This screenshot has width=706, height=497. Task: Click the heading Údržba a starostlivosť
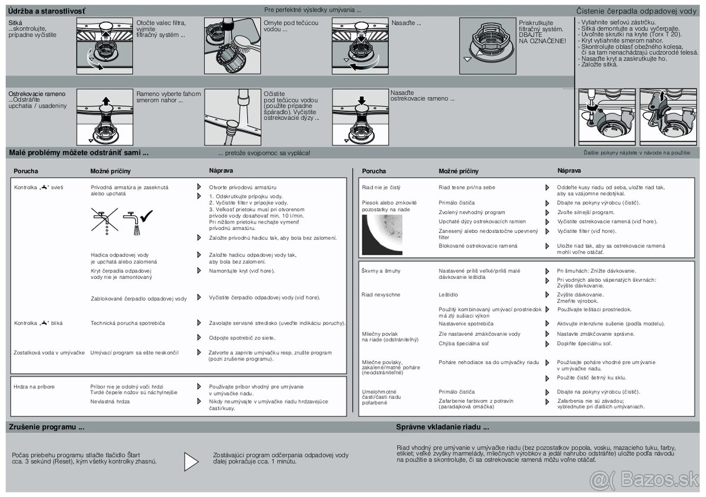click(x=46, y=11)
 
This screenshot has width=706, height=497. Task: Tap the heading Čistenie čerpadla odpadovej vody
click(x=635, y=11)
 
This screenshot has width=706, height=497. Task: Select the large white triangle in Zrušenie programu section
click(x=191, y=462)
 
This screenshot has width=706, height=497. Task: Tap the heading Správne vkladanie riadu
click(x=442, y=427)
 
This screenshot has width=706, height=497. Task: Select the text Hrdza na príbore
click(x=34, y=386)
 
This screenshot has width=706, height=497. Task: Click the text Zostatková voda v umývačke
click(x=49, y=352)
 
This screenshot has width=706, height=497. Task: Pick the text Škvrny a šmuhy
click(x=381, y=271)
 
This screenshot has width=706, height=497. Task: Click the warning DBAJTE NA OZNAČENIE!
click(x=542, y=37)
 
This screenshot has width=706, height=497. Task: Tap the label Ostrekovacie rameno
click(x=37, y=94)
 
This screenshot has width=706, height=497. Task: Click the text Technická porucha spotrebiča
click(x=128, y=323)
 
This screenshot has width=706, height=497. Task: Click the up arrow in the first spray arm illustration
click(x=106, y=101)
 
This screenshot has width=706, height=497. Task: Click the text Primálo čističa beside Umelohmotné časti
click(x=457, y=392)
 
